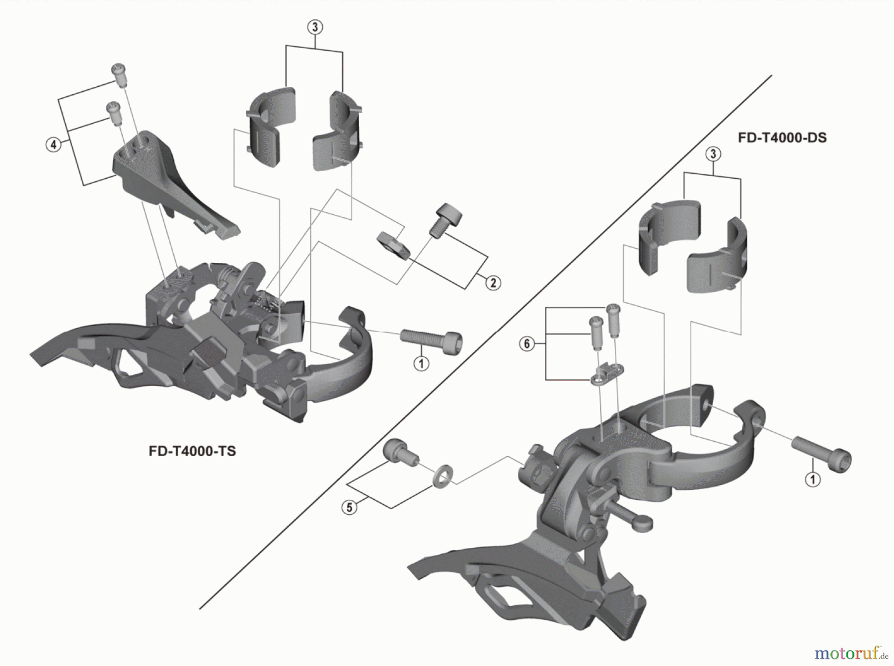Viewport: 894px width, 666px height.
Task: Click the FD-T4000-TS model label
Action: click(192, 451)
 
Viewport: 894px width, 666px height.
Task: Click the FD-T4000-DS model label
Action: click(782, 137)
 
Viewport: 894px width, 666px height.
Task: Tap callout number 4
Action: click(53, 145)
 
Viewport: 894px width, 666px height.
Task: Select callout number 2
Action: click(493, 283)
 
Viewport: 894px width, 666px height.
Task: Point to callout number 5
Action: click(349, 507)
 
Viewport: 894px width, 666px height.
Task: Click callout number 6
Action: click(527, 343)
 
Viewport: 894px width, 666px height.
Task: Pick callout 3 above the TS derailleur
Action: click(315, 27)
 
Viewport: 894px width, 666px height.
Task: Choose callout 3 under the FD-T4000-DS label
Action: click(713, 154)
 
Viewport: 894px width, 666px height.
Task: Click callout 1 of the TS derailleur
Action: click(421, 364)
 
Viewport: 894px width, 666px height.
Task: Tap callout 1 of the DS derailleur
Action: click(813, 479)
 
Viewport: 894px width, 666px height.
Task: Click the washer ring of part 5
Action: click(443, 475)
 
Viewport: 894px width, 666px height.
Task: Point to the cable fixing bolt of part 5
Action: click(400, 452)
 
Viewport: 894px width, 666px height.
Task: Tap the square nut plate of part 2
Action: click(393, 245)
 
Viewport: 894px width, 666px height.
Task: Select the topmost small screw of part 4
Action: click(119, 75)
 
